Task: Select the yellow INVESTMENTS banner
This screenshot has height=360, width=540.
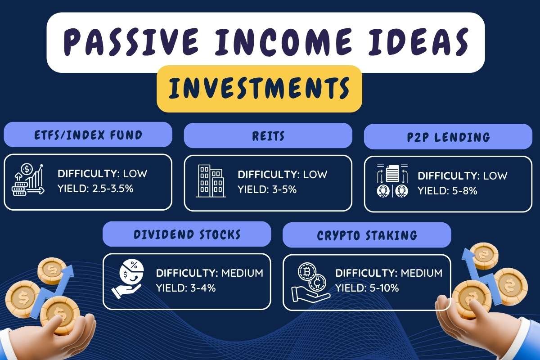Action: [x=259, y=88]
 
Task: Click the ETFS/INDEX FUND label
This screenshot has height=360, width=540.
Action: [x=88, y=135]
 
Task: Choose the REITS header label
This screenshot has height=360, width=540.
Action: [x=268, y=135]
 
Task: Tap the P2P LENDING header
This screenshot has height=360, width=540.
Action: [x=448, y=136]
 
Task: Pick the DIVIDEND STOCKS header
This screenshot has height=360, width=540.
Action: [x=187, y=234]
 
